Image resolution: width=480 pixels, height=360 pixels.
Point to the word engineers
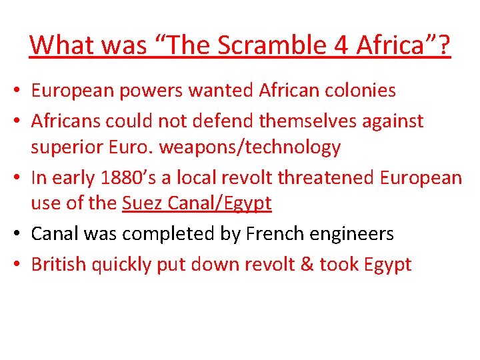tap(353, 234)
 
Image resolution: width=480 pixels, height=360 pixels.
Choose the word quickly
tap(122, 265)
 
